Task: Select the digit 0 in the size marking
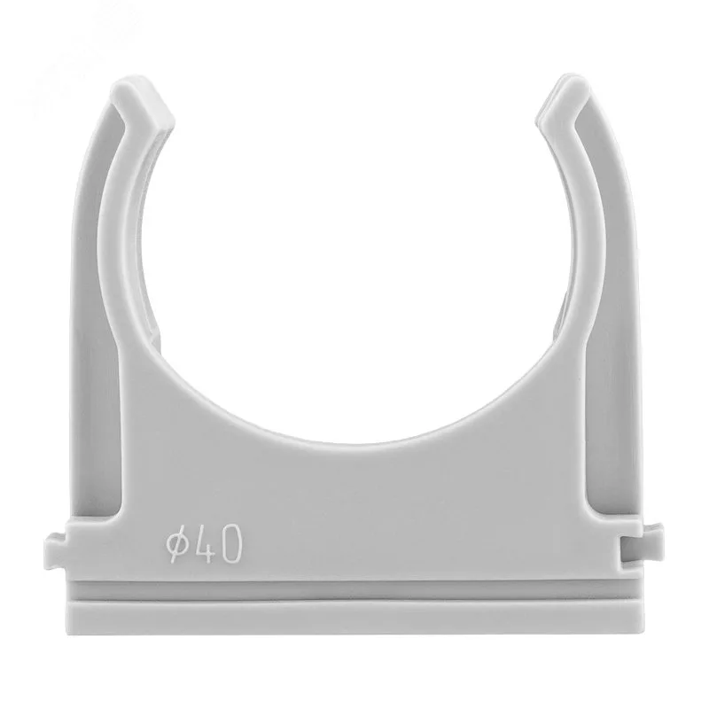(230, 544)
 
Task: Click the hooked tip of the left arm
(143, 100)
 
